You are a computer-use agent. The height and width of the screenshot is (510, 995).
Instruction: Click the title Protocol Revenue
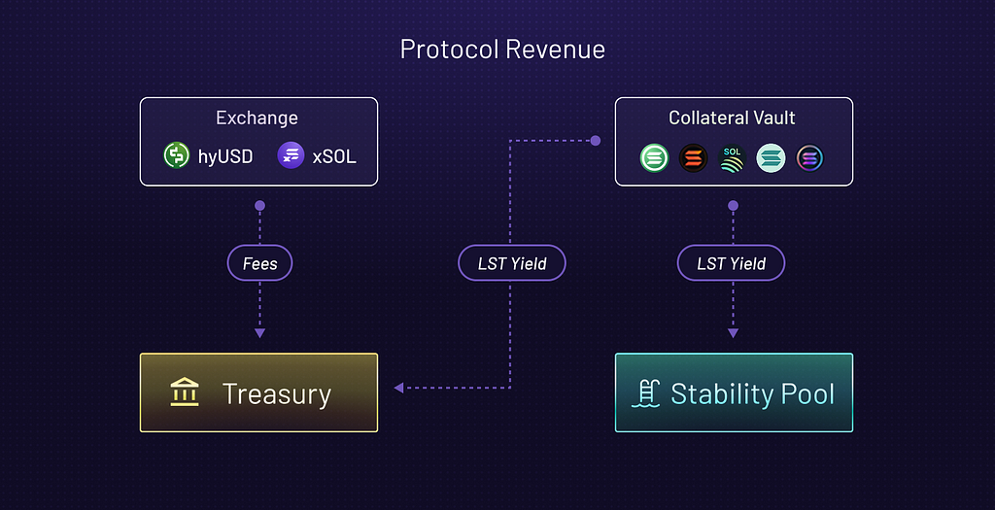click(x=502, y=50)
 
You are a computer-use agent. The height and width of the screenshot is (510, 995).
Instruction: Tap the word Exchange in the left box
click(x=257, y=118)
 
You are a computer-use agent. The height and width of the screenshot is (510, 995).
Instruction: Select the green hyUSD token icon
click(x=177, y=155)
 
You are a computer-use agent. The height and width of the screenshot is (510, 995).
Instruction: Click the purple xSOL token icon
click(x=292, y=155)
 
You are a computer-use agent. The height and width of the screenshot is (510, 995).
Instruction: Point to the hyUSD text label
click(x=225, y=156)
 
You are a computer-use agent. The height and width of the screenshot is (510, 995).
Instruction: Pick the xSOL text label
click(x=334, y=156)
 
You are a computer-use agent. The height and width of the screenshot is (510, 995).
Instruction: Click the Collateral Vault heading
click(x=732, y=118)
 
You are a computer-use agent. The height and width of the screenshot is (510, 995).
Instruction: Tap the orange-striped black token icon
click(x=693, y=158)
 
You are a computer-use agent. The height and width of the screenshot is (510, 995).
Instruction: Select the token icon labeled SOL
click(x=732, y=158)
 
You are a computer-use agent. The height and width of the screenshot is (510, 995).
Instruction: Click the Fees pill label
click(x=259, y=263)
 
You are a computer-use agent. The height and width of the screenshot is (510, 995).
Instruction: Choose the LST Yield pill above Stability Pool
click(x=731, y=263)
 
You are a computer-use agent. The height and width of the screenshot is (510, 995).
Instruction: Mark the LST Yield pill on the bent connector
click(x=512, y=263)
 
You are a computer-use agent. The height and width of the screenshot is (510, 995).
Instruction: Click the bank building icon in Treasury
click(x=185, y=392)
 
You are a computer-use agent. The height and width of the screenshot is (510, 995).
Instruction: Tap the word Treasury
click(x=277, y=394)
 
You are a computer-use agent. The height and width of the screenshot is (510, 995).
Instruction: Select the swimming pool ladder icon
click(x=646, y=392)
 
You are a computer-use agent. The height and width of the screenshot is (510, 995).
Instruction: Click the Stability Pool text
click(x=753, y=394)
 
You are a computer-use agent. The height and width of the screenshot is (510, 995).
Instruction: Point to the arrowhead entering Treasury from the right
click(x=398, y=388)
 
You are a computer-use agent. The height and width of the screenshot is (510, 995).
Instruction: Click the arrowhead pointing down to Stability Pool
click(x=733, y=333)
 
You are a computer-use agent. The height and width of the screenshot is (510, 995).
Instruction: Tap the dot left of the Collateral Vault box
click(x=596, y=141)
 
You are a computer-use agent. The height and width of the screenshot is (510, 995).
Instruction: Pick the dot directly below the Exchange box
click(x=259, y=206)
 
